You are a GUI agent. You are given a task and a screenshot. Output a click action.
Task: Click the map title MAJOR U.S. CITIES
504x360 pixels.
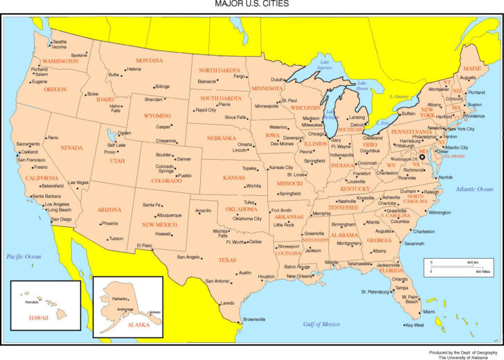coord(252,4)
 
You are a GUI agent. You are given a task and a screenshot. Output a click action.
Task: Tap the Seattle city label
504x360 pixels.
coord(60,42)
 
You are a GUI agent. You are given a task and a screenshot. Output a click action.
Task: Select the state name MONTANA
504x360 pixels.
coord(149,60)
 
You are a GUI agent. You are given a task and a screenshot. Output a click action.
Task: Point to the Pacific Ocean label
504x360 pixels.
coord(24,256)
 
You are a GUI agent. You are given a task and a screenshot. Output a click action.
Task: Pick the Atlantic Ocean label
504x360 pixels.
coord(474,189)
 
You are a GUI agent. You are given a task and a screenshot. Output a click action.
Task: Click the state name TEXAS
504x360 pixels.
coord(226,260)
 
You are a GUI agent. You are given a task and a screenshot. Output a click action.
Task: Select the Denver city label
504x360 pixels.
coord(184,159)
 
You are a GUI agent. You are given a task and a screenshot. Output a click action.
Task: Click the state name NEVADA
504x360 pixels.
coord(71,147)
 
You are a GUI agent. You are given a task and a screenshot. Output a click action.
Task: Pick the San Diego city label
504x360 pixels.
coord(60,219)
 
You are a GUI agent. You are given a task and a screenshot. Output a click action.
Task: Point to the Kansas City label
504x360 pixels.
coord(280,167)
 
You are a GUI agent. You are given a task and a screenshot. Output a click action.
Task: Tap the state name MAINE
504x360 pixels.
coord(471,69)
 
